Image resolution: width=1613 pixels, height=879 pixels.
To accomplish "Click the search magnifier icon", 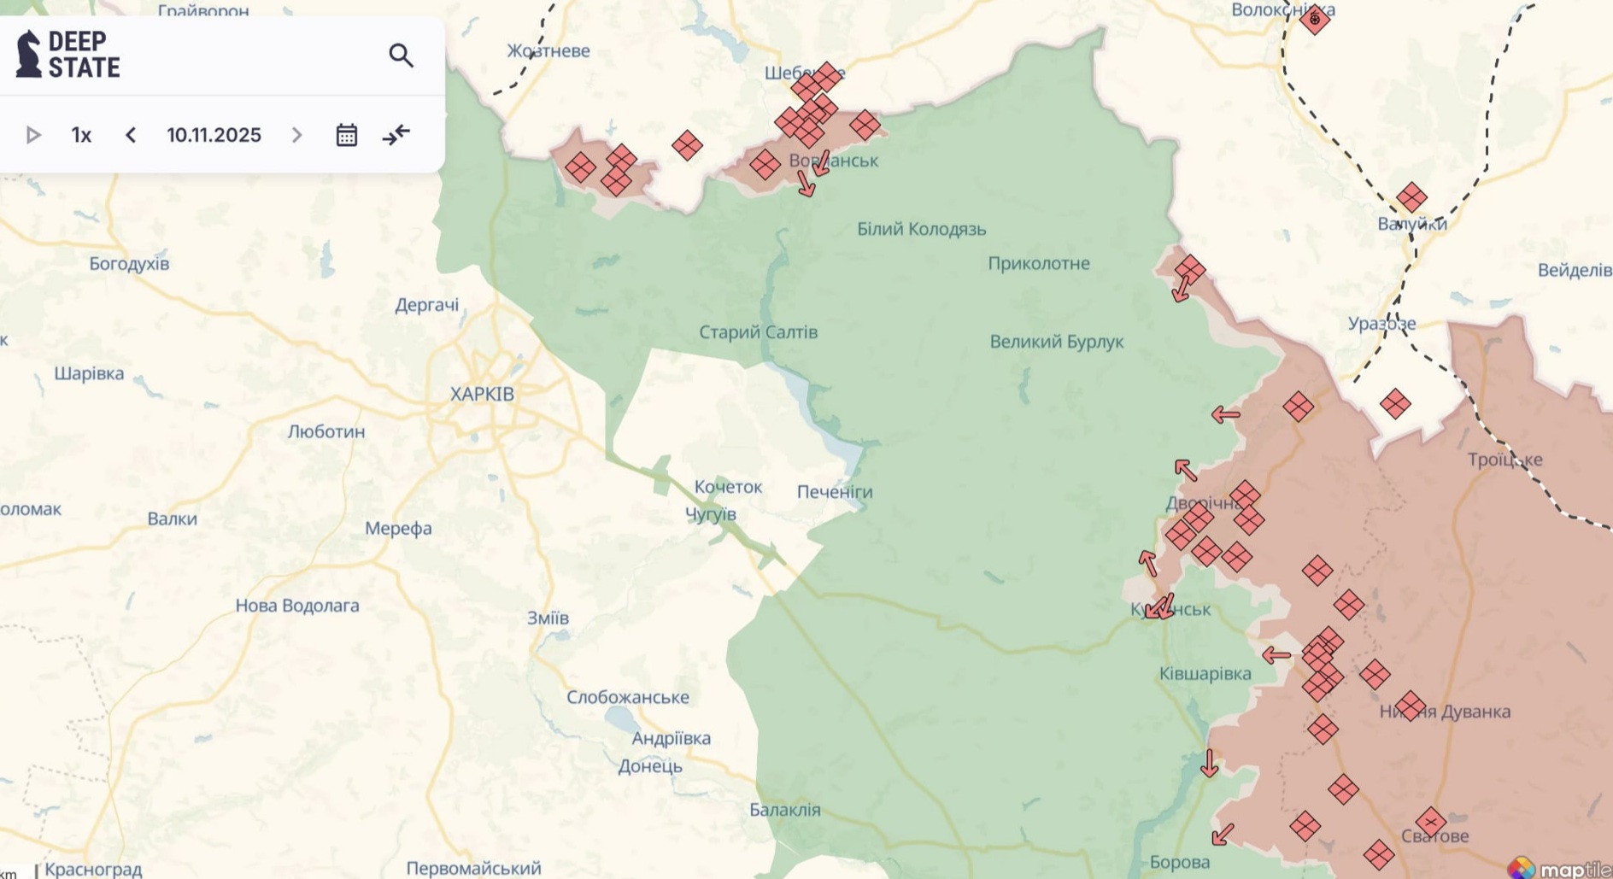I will tap(401, 56).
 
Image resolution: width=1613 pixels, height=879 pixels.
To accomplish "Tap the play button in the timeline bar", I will tap(33, 135).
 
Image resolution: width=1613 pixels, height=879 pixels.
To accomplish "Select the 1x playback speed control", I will tap(81, 135).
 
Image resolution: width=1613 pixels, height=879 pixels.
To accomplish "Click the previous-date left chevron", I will tap(131, 135).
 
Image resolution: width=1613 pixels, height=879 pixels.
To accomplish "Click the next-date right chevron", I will tap(296, 135).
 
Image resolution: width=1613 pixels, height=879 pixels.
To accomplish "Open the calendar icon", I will tap(346, 135).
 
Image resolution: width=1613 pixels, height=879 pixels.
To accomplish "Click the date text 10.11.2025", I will tap(214, 135).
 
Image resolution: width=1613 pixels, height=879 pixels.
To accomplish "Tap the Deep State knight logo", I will tap(29, 54).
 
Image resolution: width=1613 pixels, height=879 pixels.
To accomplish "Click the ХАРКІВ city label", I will tap(482, 394).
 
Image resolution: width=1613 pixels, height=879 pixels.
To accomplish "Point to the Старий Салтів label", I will tap(758, 331).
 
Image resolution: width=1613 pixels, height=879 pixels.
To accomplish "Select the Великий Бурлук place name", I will tap(1056, 342).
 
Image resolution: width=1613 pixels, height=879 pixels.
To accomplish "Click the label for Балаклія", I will tap(784, 809).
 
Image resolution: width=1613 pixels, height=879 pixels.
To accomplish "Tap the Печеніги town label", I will tap(834, 491).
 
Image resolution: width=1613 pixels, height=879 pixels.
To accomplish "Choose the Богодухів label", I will tap(129, 263).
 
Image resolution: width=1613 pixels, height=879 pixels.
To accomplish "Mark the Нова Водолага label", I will tap(296, 605).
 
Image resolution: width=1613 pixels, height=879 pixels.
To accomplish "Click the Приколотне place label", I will tap(1038, 263).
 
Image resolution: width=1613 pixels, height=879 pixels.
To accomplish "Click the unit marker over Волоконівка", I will tap(1315, 19).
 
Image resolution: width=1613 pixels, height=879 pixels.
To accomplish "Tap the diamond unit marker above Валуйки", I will tap(1411, 197).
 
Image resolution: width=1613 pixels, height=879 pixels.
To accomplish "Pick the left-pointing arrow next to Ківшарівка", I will tap(1276, 655).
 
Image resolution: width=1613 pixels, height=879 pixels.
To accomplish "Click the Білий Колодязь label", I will tap(921, 229).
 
